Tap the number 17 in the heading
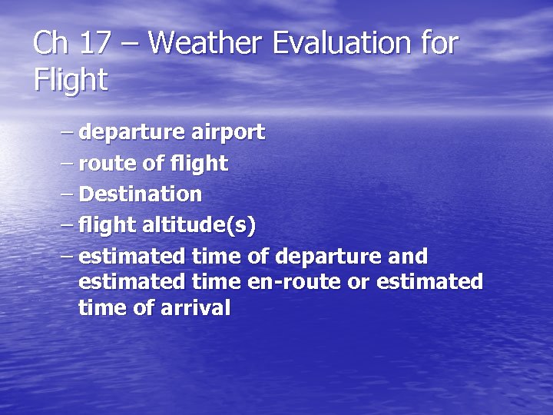point(94,44)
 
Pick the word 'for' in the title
point(439,44)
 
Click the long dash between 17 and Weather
point(129,45)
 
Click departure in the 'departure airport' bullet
point(131,133)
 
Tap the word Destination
point(140,194)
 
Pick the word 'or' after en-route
point(358,282)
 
